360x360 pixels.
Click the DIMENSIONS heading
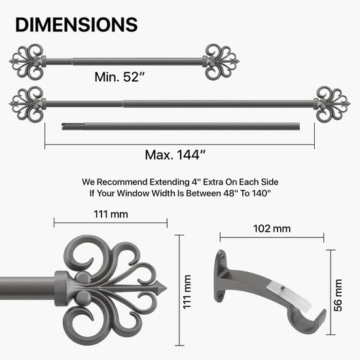pyautogui.click(x=76, y=24)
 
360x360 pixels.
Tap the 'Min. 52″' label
pyautogui.click(x=117, y=77)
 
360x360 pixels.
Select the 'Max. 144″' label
pyautogui.click(x=175, y=155)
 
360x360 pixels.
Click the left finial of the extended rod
pyautogui.click(x=27, y=102)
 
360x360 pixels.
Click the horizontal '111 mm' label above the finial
pyautogui.click(x=110, y=214)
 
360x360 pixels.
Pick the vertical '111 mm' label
pyautogui.click(x=187, y=292)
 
